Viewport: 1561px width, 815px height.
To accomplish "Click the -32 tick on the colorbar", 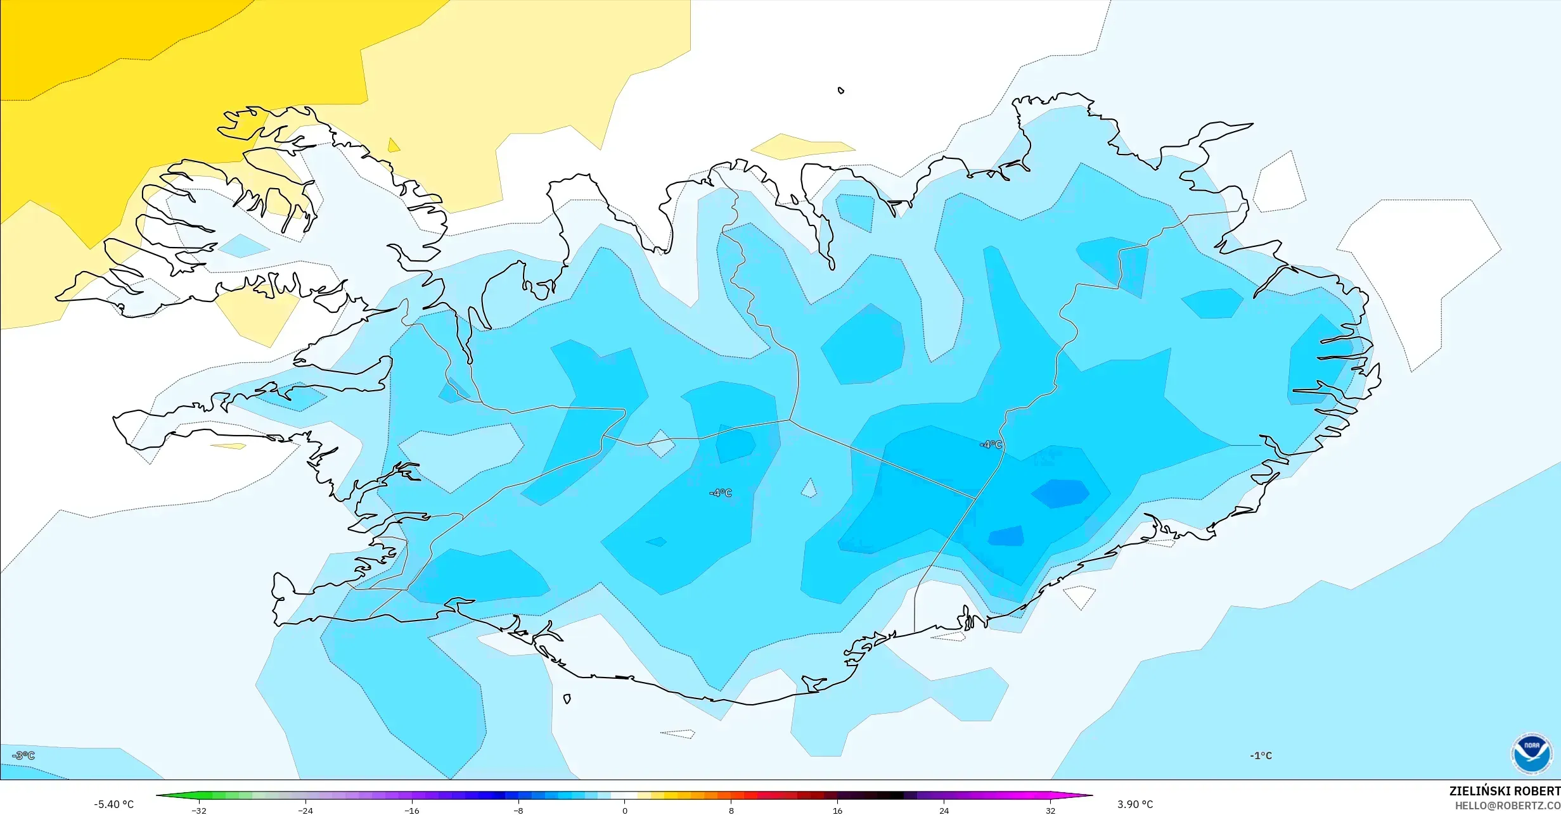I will (x=199, y=810).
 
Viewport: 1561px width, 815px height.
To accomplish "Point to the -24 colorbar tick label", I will (x=305, y=810).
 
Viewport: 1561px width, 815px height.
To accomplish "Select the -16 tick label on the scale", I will (x=412, y=810).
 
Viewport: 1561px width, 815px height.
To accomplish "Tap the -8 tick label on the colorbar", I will (x=518, y=810).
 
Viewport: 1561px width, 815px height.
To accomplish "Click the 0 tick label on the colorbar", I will (x=625, y=810).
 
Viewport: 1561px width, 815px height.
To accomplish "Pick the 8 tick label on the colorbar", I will (x=731, y=810).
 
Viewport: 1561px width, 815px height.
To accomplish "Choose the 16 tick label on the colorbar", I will (x=838, y=810).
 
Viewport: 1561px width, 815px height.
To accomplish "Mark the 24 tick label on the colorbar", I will (x=944, y=810).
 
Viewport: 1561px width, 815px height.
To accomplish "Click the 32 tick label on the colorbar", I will (x=1051, y=810).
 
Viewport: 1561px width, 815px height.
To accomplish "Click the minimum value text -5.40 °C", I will (x=114, y=804).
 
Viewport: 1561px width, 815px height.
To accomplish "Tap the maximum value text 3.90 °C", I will (x=1135, y=804).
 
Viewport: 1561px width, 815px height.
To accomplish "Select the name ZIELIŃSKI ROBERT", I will (x=1504, y=792).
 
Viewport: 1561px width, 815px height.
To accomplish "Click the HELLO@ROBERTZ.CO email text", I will (x=1507, y=806).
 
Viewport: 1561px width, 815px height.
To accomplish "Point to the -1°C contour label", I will (x=1261, y=755).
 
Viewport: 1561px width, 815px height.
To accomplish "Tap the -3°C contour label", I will (x=23, y=755).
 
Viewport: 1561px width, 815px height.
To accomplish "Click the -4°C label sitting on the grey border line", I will (x=991, y=445).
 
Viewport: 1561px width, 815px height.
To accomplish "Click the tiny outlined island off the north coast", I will (x=841, y=91).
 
